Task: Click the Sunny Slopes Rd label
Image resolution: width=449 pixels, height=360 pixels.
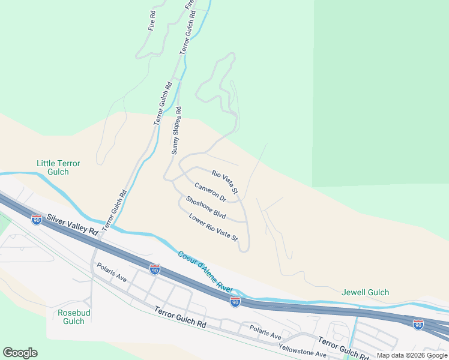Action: pyautogui.click(x=176, y=131)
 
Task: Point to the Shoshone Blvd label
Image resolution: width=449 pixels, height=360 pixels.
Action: pyautogui.click(x=205, y=208)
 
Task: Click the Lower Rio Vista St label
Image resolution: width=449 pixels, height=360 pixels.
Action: pyautogui.click(x=214, y=227)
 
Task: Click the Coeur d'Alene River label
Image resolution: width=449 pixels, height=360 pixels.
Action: pyautogui.click(x=205, y=271)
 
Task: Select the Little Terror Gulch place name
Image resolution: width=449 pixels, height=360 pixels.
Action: pyautogui.click(x=58, y=167)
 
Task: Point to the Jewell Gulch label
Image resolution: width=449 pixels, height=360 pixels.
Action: pyautogui.click(x=365, y=293)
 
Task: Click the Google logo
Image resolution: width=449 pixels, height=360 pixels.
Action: pyautogui.click(x=20, y=353)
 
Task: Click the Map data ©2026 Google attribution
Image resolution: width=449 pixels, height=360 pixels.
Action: pyautogui.click(x=412, y=355)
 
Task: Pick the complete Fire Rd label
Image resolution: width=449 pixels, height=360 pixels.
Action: pyautogui.click(x=152, y=20)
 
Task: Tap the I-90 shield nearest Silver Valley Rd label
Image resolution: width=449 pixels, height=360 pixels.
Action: pyautogui.click(x=37, y=220)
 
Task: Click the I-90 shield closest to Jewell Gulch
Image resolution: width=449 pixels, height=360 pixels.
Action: pyautogui.click(x=418, y=324)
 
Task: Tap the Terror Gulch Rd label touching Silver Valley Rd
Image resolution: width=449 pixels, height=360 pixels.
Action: pyautogui.click(x=115, y=211)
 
